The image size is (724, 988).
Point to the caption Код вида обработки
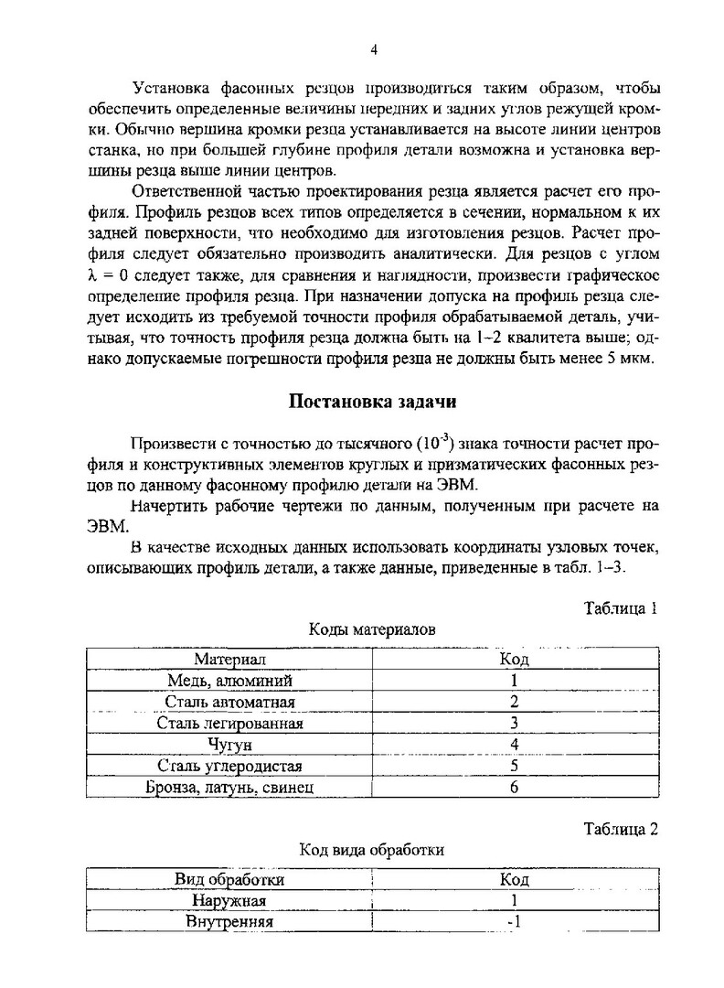point(372,850)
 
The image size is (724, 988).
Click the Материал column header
point(229,659)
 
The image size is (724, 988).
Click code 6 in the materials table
point(515,786)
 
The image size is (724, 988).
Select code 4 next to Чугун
point(515,744)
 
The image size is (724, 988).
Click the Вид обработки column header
point(229,880)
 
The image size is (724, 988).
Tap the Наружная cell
point(229,901)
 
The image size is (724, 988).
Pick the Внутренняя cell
point(229,921)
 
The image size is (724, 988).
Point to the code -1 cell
point(515,921)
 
